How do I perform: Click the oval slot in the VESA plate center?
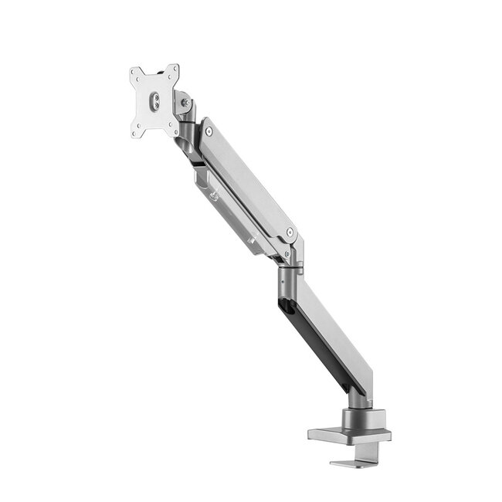click(x=154, y=100)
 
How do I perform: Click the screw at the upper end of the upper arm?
click(x=209, y=132)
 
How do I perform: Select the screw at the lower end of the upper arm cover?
click(x=290, y=232)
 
